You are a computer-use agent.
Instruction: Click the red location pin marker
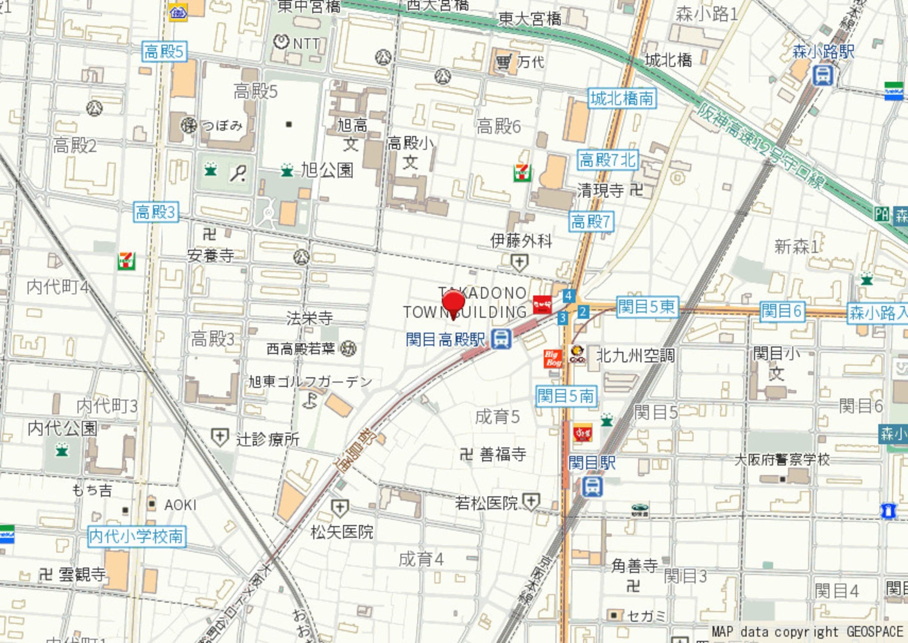pos(453,303)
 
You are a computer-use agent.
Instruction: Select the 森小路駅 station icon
pos(822,75)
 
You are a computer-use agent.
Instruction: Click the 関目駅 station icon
pos(592,486)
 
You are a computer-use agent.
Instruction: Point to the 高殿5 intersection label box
pos(164,51)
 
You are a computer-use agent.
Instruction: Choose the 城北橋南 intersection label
pos(622,98)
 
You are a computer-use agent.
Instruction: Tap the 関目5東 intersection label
pos(647,307)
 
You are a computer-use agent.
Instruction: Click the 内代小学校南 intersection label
pos(137,536)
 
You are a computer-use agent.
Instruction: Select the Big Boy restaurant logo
pos(553,359)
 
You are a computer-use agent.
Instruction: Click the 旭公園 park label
pos(327,170)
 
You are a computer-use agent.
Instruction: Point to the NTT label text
pos(306,43)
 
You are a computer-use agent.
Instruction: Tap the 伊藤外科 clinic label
pos(521,241)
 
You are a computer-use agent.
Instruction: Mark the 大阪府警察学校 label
pos(782,460)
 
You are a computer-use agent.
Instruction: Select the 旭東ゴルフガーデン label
pos(310,382)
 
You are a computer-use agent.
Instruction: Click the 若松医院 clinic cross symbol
pos(531,502)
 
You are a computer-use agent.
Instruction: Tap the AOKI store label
pos(180,505)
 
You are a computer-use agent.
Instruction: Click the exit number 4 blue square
pos(568,296)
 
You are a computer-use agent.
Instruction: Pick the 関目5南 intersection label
pos(566,396)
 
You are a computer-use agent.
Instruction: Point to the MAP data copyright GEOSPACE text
pos(807,631)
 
